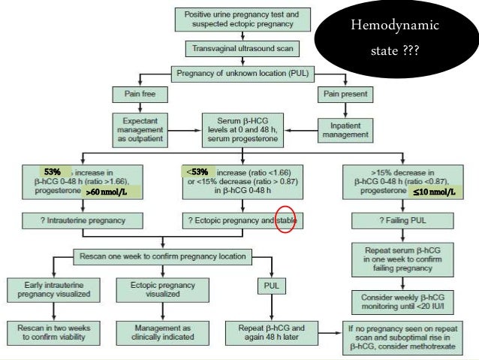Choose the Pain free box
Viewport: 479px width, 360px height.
tap(134, 95)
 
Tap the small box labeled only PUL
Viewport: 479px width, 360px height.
tap(271, 286)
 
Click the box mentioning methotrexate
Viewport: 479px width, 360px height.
tap(401, 334)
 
